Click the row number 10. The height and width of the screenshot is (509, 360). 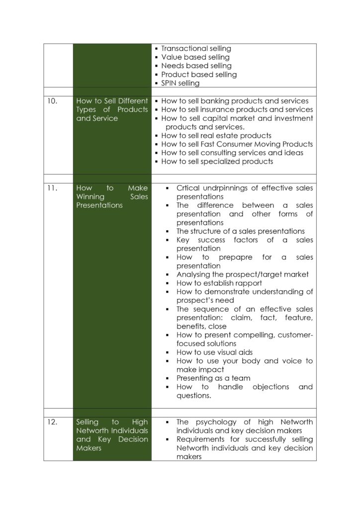(x=52, y=101)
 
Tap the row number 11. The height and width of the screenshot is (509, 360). (x=52, y=188)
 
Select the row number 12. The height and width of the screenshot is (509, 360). (x=52, y=422)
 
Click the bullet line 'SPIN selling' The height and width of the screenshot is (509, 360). (x=180, y=83)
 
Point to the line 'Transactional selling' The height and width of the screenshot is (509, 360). (x=196, y=49)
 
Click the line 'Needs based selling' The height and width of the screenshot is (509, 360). (x=196, y=66)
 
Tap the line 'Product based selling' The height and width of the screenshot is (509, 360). (x=199, y=75)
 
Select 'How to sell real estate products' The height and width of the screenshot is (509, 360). (x=216, y=135)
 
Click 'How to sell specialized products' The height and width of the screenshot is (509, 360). (x=217, y=161)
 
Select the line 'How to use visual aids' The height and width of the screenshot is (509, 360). (x=214, y=352)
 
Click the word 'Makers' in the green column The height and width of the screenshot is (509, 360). (x=90, y=448)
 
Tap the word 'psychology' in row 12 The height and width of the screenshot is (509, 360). (x=216, y=422)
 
